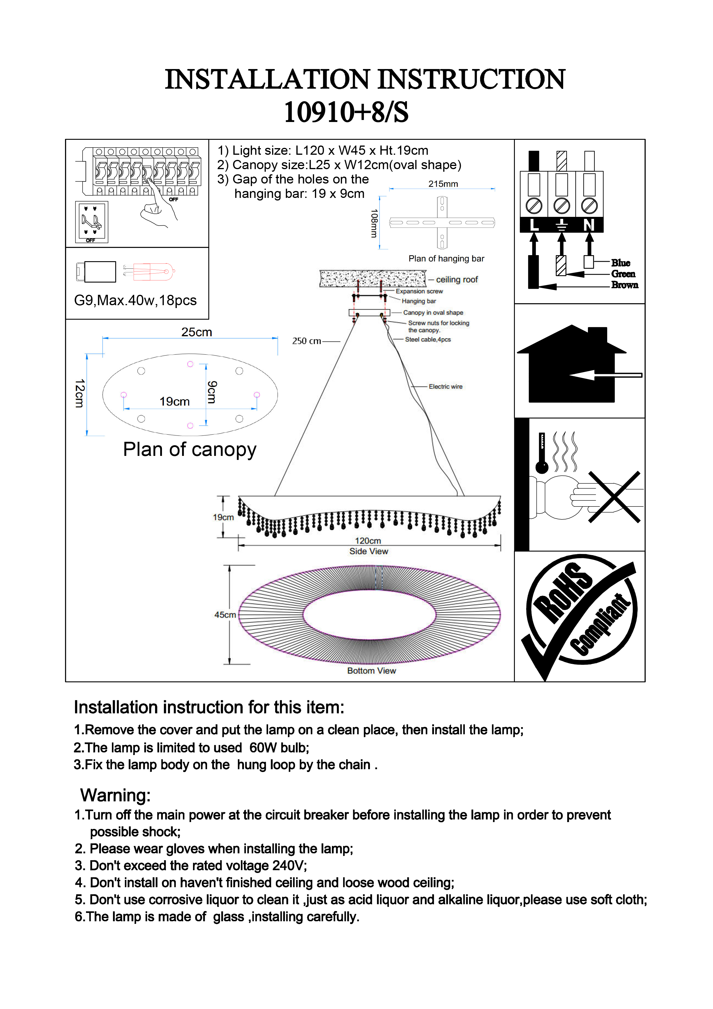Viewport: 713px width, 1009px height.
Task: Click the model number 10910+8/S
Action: [346, 112]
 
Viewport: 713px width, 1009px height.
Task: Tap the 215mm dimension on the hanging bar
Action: [443, 184]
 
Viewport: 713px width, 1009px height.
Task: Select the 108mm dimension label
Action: [374, 223]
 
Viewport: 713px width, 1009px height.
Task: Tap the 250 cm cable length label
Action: [306, 341]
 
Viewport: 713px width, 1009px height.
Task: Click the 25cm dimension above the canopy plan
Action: [196, 332]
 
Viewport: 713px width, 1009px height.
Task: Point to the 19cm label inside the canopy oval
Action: [174, 401]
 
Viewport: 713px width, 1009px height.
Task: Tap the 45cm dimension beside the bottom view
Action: [225, 615]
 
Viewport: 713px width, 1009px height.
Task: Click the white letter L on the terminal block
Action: [534, 225]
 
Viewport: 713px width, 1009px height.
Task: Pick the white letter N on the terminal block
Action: [589, 225]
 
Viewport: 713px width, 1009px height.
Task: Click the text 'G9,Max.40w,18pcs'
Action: [135, 300]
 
